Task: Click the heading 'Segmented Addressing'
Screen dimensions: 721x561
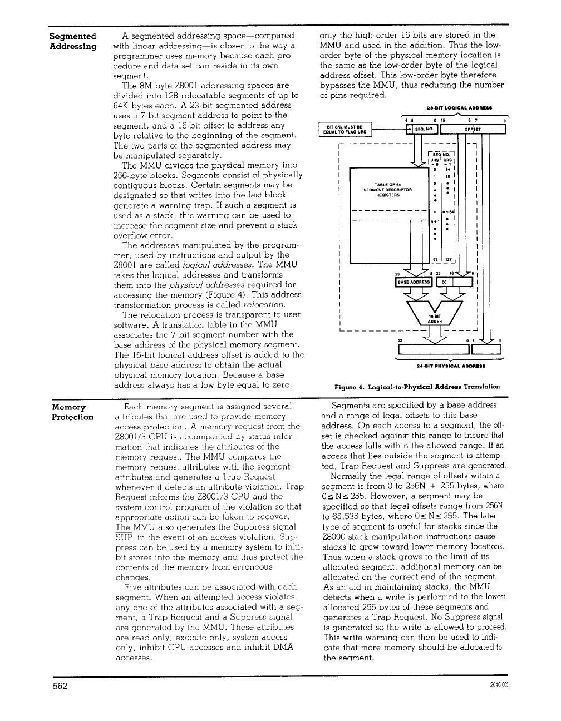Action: (73, 41)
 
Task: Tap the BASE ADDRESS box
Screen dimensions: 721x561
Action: (412, 283)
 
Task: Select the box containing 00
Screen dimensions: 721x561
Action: (444, 283)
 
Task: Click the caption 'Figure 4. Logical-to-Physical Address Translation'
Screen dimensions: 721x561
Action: (417, 387)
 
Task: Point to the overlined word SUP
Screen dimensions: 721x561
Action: (122, 537)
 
